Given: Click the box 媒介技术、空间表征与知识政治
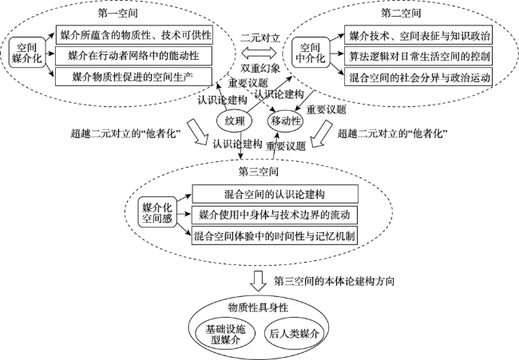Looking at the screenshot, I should (x=419, y=36).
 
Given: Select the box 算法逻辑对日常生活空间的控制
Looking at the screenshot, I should (x=419, y=57).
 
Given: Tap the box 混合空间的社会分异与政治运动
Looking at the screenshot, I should (x=419, y=77).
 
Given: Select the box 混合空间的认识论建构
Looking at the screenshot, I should (x=272, y=195).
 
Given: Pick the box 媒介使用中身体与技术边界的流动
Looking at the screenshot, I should (x=272, y=215).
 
